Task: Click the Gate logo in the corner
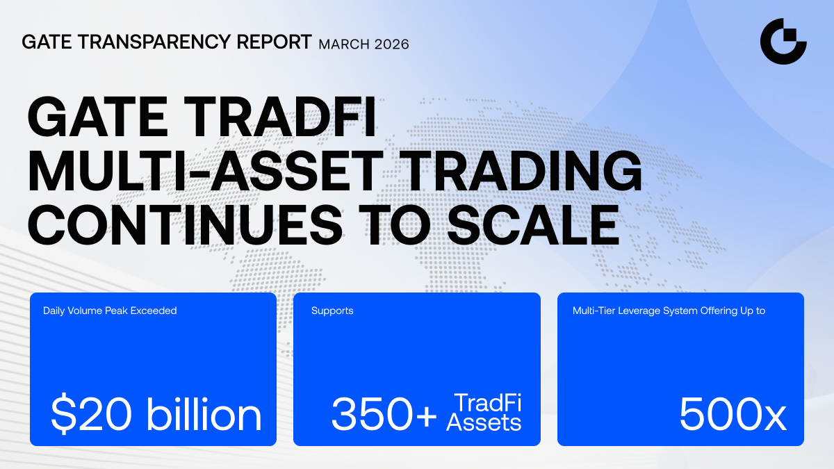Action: [783, 41]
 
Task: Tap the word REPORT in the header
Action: [274, 42]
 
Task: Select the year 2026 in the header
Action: [392, 44]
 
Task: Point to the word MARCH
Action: [345, 44]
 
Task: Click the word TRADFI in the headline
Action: [279, 117]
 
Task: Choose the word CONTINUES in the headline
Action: [185, 225]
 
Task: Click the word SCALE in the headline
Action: [533, 225]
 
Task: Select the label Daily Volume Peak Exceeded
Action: [110, 311]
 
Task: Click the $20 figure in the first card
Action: [91, 414]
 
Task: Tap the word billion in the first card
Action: [204, 413]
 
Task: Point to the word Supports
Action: [332, 311]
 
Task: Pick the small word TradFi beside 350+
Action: [488, 403]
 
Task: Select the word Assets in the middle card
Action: [484, 422]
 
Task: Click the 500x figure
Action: [733, 414]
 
